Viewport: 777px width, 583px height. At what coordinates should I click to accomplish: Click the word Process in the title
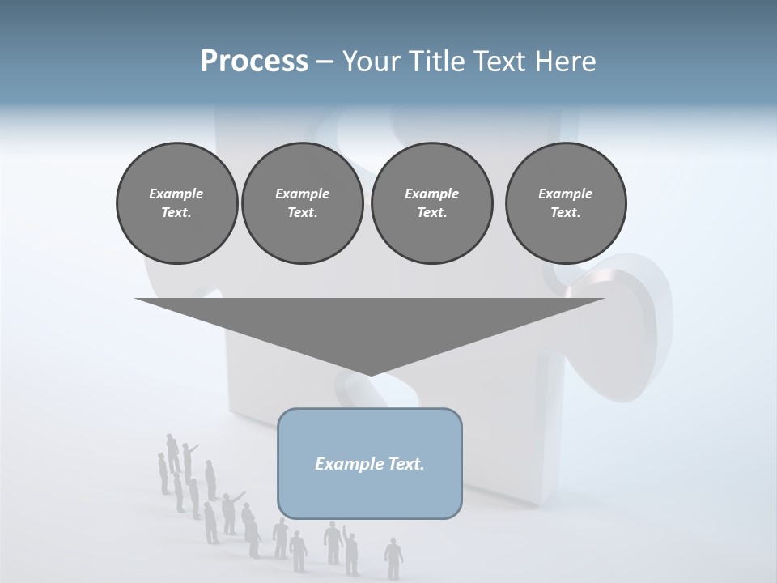pos(254,61)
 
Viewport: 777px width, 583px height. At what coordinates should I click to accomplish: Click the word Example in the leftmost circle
pos(176,194)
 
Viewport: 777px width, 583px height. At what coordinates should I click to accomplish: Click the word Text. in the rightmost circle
pos(566,212)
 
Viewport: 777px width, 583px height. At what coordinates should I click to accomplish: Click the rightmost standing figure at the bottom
pos(393,558)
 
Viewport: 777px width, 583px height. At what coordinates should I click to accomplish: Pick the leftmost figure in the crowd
pos(163,473)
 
